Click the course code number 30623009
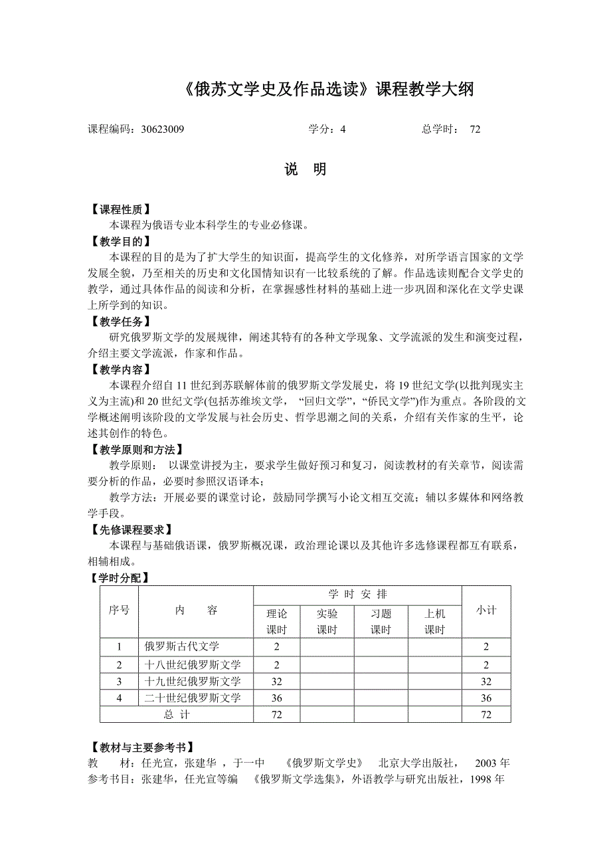click(163, 130)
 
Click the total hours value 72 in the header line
click(475, 130)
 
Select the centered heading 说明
click(305, 170)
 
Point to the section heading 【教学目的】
click(120, 241)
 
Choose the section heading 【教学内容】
click(120, 369)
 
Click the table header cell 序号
click(119, 611)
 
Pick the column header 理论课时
click(276, 622)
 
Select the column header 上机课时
click(434, 622)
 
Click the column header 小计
click(486, 611)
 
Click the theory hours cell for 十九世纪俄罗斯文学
click(276, 681)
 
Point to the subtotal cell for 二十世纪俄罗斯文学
click(486, 698)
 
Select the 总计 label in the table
click(177, 715)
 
